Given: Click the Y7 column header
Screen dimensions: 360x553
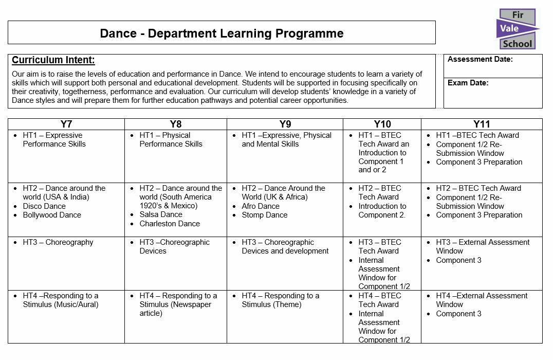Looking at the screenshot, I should pyautogui.click(x=66, y=124).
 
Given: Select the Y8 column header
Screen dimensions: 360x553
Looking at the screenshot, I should pyautogui.click(x=176, y=124).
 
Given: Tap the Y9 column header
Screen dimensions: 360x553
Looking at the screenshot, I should pyautogui.click(x=285, y=124).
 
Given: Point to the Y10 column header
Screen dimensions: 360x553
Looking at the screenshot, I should pyautogui.click(x=382, y=124).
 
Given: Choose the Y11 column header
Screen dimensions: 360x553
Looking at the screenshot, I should pyautogui.click(x=482, y=124).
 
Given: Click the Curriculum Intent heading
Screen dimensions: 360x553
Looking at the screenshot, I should pyautogui.click(x=53, y=60).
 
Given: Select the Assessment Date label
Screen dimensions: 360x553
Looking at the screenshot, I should pyautogui.click(x=480, y=60).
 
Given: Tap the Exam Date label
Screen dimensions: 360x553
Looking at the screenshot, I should pyautogui.click(x=468, y=83).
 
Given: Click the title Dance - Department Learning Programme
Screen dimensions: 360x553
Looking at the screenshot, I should pyautogui.click(x=222, y=33).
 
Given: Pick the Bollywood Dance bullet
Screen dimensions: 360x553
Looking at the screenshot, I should pyautogui.click(x=52, y=215).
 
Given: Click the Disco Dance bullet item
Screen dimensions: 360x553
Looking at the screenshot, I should pyautogui.click(x=44, y=206).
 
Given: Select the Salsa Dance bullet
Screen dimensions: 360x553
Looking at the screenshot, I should pyautogui.click(x=161, y=214).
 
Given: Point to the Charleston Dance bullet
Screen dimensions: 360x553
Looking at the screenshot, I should pyautogui.click(x=170, y=224).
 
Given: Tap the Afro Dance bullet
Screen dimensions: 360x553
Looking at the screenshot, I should pyautogui.click(x=261, y=206).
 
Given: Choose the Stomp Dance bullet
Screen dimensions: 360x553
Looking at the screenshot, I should pyautogui.click(x=265, y=215).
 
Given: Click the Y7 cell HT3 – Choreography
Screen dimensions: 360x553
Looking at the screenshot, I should pyautogui.click(x=58, y=242).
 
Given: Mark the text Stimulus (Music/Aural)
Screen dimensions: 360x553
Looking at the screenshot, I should pyautogui.click(x=61, y=304).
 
